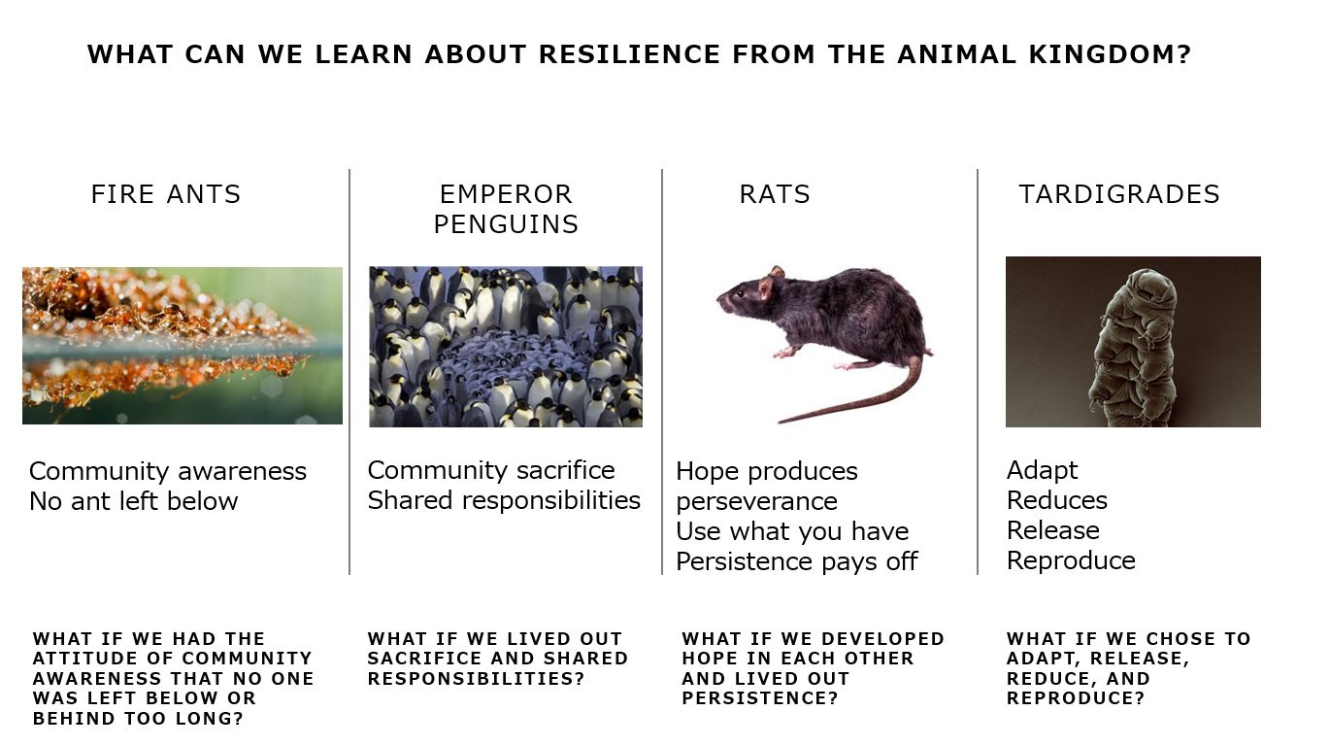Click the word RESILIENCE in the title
[x=630, y=54]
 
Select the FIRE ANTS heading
[x=166, y=194]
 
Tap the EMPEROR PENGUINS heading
[x=506, y=209]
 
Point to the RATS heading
[x=775, y=194]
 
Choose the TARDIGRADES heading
[x=1119, y=194]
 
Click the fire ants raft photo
[x=183, y=346]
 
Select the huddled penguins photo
[x=506, y=347]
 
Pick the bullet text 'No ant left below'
[x=134, y=501]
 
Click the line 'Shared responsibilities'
[x=504, y=500]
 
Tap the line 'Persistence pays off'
[x=797, y=561]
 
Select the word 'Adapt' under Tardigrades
[x=1042, y=470]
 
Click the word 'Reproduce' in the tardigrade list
[x=1071, y=560]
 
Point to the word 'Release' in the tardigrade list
[x=1053, y=530]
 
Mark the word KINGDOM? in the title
[x=1110, y=54]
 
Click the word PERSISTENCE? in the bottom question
[x=760, y=698]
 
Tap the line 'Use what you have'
[x=792, y=531]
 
